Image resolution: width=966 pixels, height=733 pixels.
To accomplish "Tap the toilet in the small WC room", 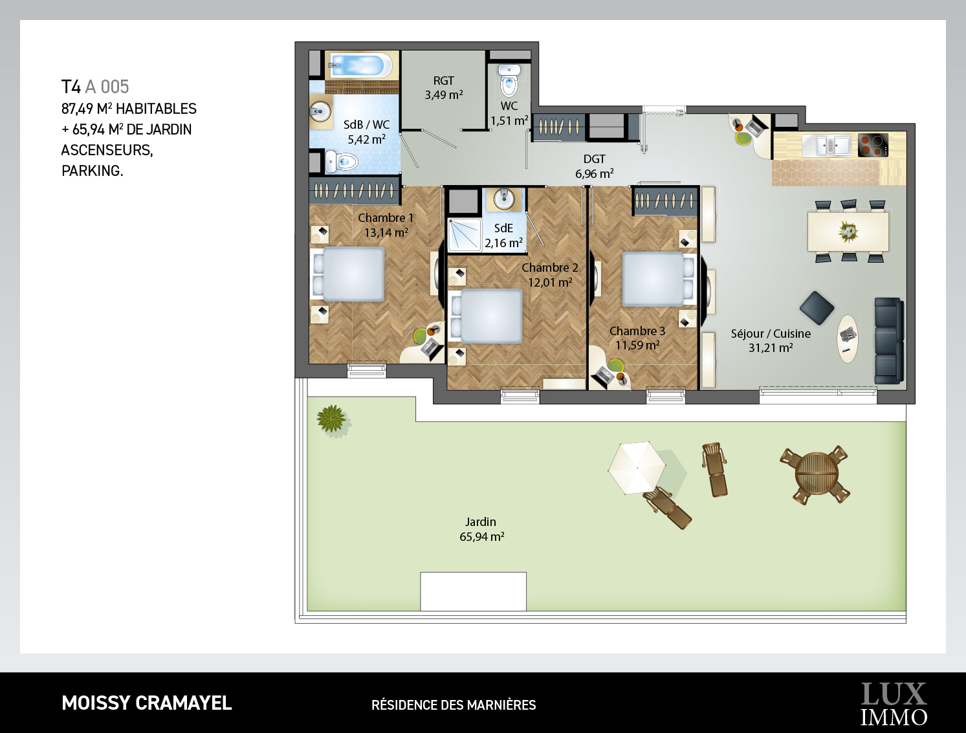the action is pyautogui.click(x=509, y=81).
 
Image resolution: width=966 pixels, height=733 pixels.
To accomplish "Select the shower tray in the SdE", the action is pyautogui.click(x=465, y=235).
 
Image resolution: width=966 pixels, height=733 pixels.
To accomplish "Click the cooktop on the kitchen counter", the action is pyautogui.click(x=873, y=145).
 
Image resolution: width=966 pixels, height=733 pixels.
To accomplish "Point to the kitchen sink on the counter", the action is pyautogui.click(x=826, y=145).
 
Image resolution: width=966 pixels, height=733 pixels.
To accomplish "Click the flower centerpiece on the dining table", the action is pyautogui.click(x=848, y=231).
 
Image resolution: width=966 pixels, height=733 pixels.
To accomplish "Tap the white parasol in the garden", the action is pyautogui.click(x=637, y=468).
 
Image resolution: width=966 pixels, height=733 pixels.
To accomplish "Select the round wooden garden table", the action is pyautogui.click(x=817, y=475).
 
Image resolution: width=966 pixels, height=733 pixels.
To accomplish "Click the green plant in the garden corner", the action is pyautogui.click(x=331, y=419).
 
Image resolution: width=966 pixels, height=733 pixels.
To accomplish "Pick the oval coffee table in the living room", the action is pyautogui.click(x=847, y=339).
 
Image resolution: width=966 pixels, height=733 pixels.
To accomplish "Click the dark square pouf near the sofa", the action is pyautogui.click(x=817, y=308).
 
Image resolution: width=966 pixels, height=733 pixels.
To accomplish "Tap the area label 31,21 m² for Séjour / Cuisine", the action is pyautogui.click(x=771, y=348).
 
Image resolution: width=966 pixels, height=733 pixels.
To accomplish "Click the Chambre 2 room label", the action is pyautogui.click(x=550, y=267).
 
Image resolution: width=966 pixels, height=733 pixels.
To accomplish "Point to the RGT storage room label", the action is pyautogui.click(x=443, y=81).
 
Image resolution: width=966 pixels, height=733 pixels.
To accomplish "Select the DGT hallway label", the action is pyautogui.click(x=594, y=159).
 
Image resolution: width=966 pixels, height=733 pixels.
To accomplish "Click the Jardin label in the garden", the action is pyautogui.click(x=481, y=522).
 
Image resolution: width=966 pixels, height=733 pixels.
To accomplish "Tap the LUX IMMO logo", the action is pyautogui.click(x=894, y=705).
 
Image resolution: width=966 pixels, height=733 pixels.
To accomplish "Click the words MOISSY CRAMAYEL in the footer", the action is pyautogui.click(x=147, y=703).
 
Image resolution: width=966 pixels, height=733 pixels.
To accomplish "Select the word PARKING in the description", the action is pyautogui.click(x=92, y=171).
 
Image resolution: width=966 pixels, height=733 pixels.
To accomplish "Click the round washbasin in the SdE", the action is pyautogui.click(x=504, y=199).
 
